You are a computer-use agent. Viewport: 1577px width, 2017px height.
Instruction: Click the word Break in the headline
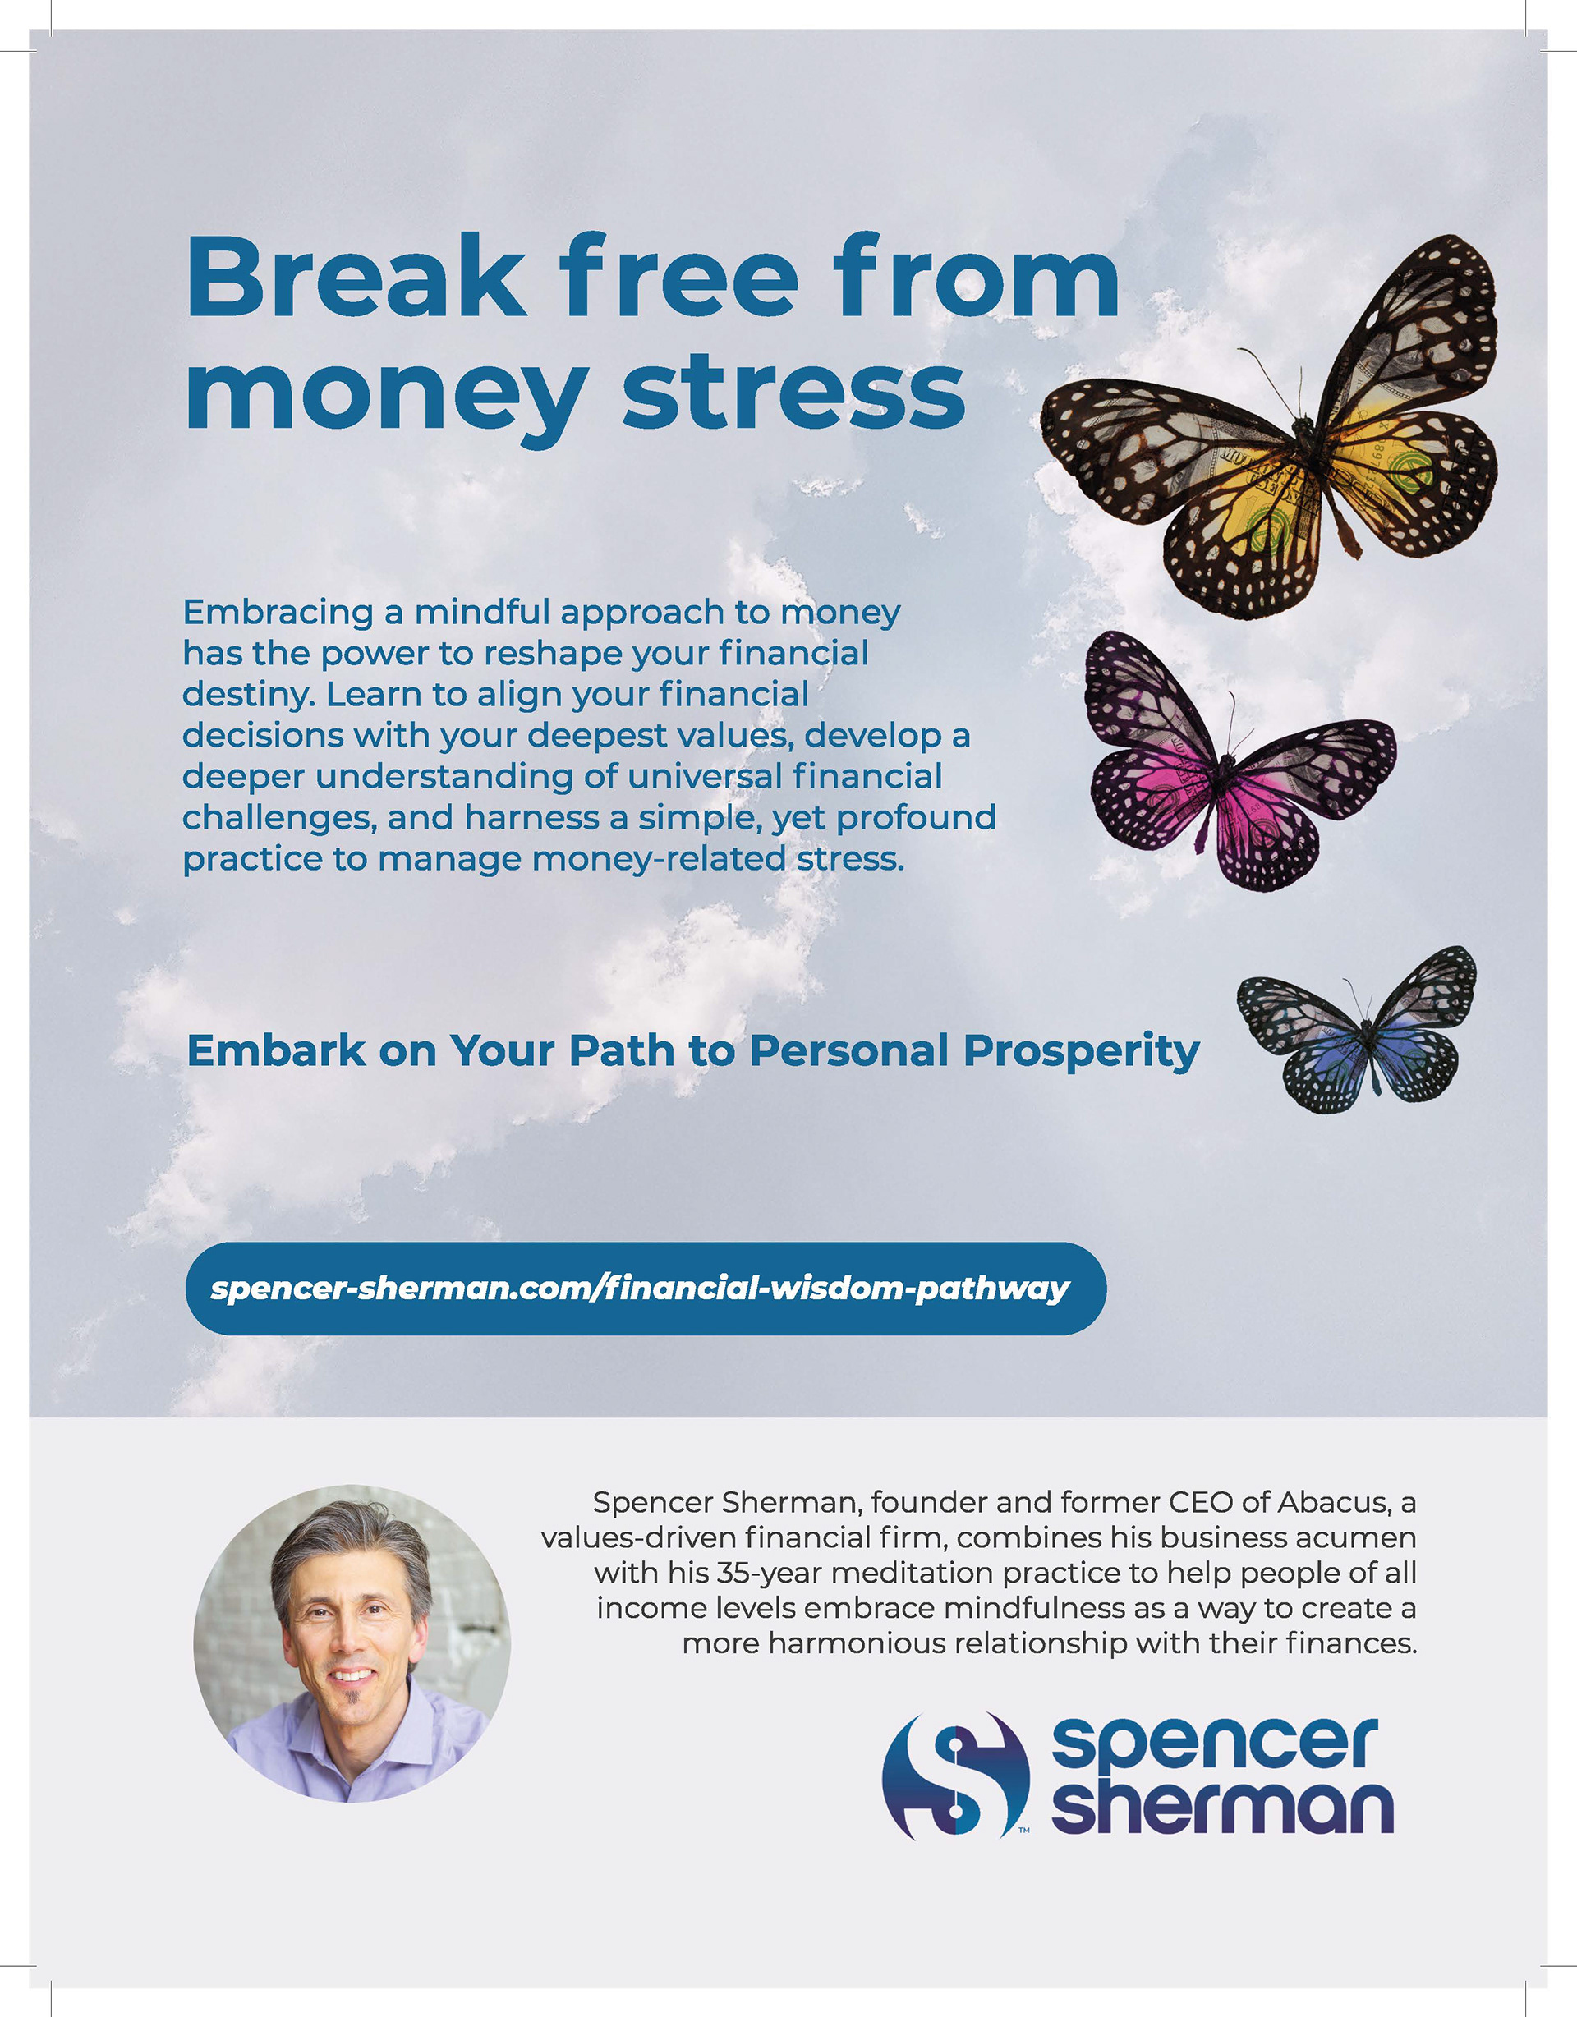tap(356, 277)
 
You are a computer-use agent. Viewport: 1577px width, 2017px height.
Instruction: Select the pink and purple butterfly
tap(1239, 762)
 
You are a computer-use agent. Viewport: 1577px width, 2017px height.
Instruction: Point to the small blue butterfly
tap(1356, 1030)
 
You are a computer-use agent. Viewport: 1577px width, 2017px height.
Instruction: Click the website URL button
tap(646, 1289)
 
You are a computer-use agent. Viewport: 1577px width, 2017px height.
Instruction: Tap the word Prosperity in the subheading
tap(1081, 1052)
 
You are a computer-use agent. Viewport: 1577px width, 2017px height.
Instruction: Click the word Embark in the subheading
tap(276, 1051)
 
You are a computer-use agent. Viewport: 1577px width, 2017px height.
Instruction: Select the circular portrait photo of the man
tap(352, 1644)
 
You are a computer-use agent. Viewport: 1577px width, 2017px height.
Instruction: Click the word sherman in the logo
tap(1222, 1804)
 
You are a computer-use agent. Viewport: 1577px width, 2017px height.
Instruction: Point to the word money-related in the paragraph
tap(660, 860)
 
